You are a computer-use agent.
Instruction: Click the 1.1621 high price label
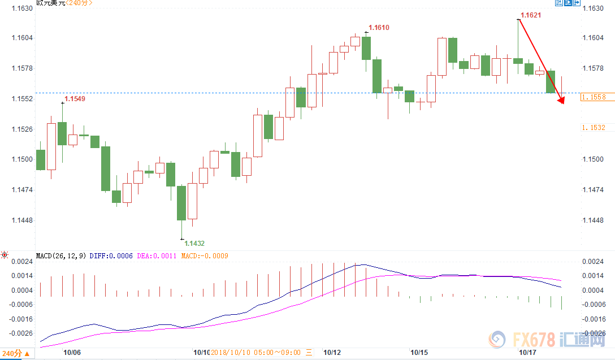531,15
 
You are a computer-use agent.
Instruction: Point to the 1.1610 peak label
379,28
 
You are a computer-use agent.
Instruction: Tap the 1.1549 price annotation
75,99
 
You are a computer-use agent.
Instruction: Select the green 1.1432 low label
194,244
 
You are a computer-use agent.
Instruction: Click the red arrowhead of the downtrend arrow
561,101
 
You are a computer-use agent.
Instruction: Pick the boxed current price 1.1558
593,97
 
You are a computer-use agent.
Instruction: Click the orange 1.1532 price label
594,128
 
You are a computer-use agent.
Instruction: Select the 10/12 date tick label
331,352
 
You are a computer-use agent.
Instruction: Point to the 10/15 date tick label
419,352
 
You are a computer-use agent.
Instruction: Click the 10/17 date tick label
528,352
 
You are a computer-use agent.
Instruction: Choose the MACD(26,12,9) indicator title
60,256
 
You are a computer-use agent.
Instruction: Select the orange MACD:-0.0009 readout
205,256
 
